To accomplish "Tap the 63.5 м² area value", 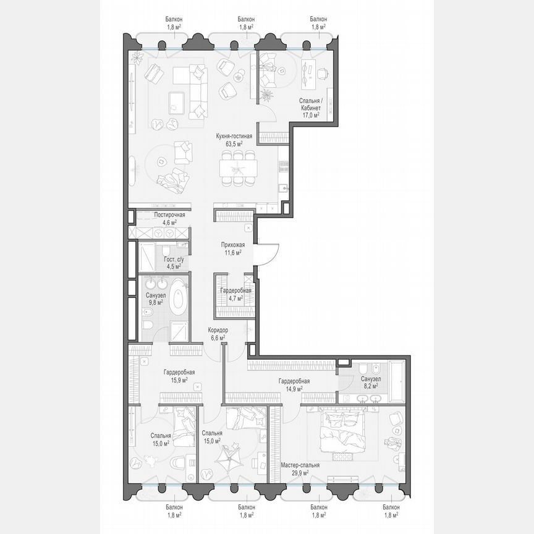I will (x=233, y=143).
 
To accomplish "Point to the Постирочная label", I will (x=152, y=214).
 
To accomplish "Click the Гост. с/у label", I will (x=173, y=260).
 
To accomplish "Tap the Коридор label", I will (x=219, y=330).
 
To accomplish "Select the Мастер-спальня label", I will (x=300, y=465).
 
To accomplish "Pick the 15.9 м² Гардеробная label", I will (x=179, y=372).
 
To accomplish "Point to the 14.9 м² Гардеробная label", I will (x=294, y=381).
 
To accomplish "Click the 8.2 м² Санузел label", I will (x=370, y=379).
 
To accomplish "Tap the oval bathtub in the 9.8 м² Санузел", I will (x=179, y=295).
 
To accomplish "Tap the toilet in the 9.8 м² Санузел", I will (x=148, y=324).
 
